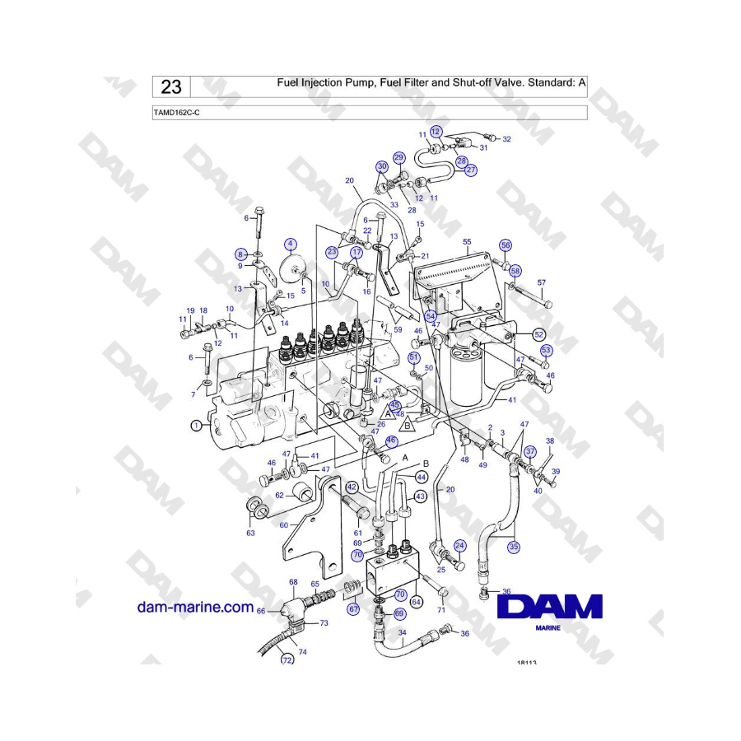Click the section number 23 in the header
[171, 87]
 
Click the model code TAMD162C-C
[176, 113]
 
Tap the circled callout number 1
[196, 426]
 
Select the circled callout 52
[538, 334]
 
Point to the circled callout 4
[290, 245]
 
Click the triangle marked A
[388, 413]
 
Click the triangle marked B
[408, 426]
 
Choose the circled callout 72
[287, 659]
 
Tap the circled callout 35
[514, 547]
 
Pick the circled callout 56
[506, 245]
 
